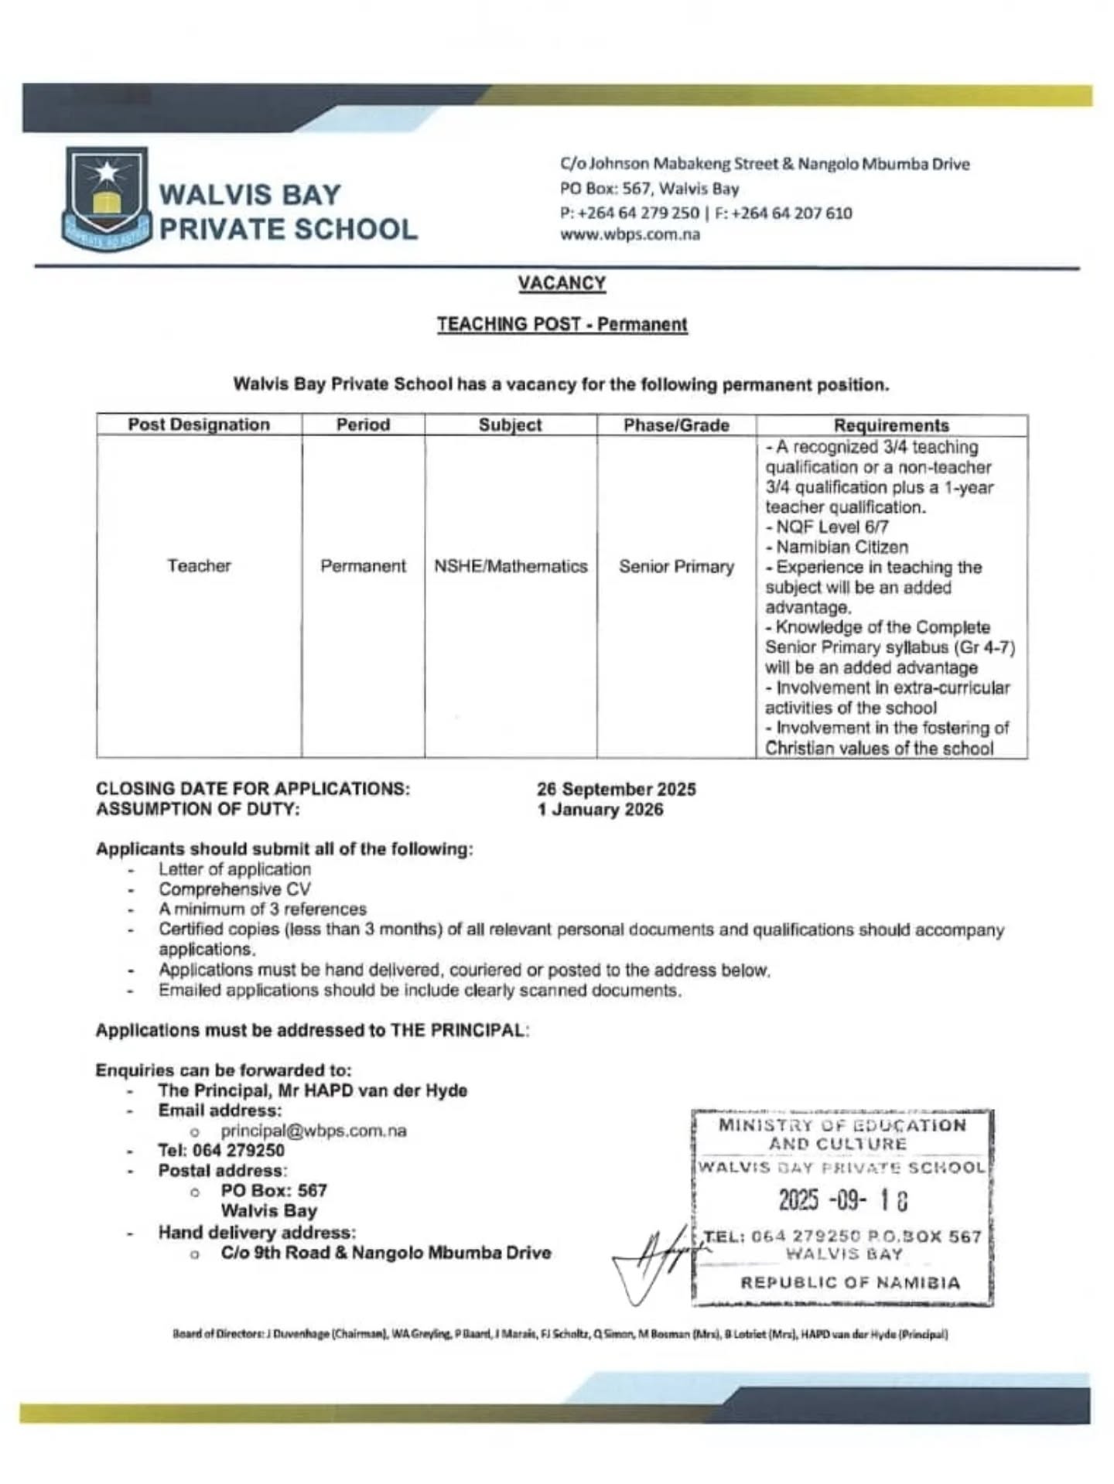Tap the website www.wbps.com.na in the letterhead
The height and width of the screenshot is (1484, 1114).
coord(630,234)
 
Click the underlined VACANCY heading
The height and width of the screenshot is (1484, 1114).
coord(562,283)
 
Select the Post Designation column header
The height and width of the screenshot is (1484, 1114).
coord(199,425)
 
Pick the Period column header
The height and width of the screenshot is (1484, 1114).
coord(363,425)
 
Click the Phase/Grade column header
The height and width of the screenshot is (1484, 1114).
coord(676,425)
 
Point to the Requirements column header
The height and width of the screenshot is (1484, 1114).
coord(891,425)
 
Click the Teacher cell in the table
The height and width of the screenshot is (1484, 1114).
coord(199,566)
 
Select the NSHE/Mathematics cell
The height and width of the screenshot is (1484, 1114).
coord(511,566)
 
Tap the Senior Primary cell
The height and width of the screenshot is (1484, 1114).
coord(676,567)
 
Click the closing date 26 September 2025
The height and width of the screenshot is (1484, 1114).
coord(617,790)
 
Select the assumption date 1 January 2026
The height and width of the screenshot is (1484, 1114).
coord(600,810)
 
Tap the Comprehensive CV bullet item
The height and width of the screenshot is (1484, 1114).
coord(234,889)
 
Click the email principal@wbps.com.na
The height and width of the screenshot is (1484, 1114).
coord(313,1131)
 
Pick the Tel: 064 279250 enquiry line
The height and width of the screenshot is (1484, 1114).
coord(221,1151)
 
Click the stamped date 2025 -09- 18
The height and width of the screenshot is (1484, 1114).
coord(842,1200)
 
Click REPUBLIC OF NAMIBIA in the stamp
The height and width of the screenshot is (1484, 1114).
coord(850,1283)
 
